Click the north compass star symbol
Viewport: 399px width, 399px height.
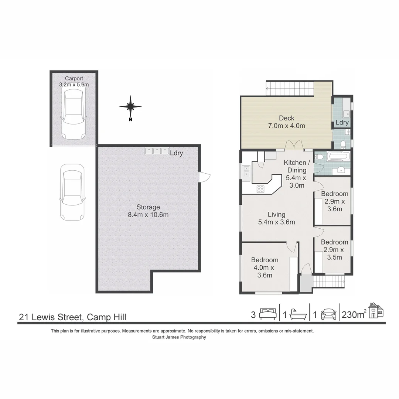point(130,106)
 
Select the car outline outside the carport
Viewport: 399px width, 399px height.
point(72,192)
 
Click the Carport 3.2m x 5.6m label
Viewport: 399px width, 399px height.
point(74,81)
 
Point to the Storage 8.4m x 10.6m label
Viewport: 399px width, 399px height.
point(148,211)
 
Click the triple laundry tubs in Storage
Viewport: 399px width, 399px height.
point(156,151)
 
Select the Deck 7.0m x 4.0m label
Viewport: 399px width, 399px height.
point(286,122)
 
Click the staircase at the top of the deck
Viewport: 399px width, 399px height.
point(290,89)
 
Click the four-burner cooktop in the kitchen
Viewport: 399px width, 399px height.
point(260,189)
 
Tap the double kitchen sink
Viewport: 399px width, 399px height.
point(246,171)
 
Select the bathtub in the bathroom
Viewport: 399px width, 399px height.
point(338,156)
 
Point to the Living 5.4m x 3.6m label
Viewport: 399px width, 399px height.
point(276,218)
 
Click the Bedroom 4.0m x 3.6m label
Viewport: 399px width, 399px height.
point(265,267)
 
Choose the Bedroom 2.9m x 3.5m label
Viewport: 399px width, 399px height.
point(334,249)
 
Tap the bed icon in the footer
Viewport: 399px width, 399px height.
point(267,314)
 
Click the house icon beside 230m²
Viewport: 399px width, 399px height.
point(376,310)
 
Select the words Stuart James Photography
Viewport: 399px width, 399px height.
point(179,337)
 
